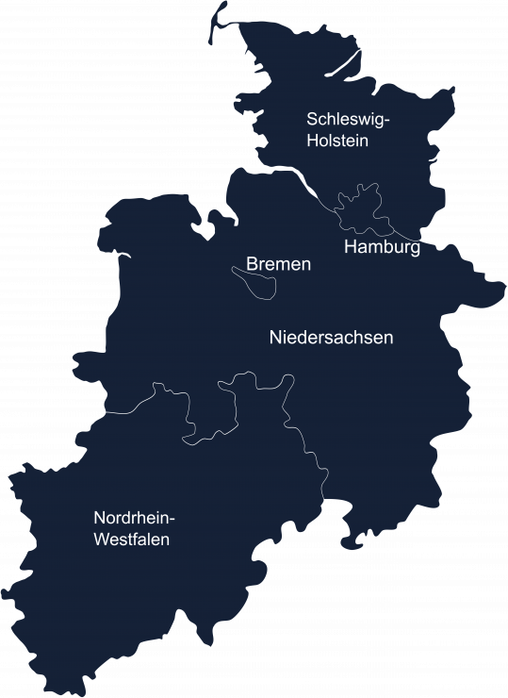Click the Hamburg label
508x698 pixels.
coord(382,248)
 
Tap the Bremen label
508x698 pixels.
coord(278,265)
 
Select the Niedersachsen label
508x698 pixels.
coord(331,337)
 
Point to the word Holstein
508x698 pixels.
coord(336,141)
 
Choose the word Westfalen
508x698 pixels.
coord(131,540)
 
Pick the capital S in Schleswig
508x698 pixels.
coord(312,119)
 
